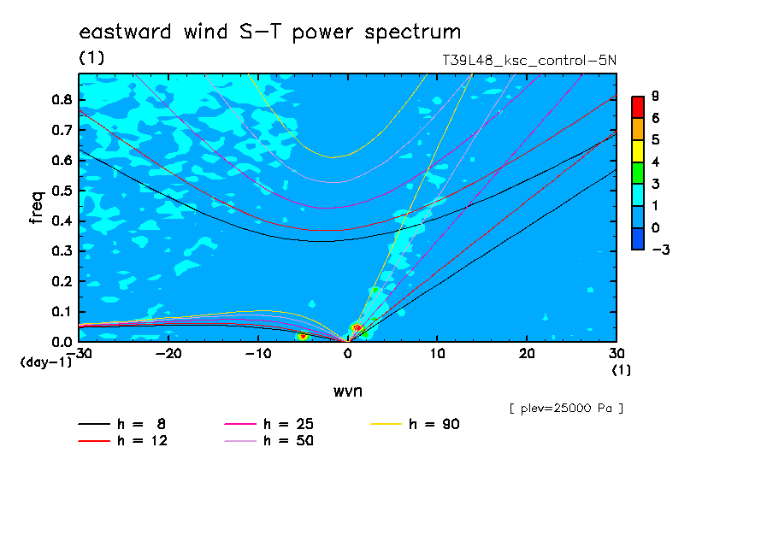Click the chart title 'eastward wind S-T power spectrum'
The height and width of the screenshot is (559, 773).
pyautogui.click(x=269, y=32)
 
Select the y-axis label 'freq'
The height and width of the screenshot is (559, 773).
pyautogui.click(x=37, y=208)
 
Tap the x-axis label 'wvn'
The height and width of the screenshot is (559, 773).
pyautogui.click(x=348, y=391)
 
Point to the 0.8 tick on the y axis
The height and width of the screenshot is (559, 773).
pyautogui.click(x=62, y=99)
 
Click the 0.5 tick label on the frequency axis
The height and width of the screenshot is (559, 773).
pyautogui.click(x=62, y=191)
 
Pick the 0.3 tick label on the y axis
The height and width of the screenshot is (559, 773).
pyautogui.click(x=62, y=251)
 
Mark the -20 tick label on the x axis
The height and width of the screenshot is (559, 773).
pyautogui.click(x=168, y=354)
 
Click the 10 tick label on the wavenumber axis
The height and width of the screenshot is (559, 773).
pyautogui.click(x=437, y=354)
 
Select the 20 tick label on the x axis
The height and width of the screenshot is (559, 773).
pyautogui.click(x=527, y=354)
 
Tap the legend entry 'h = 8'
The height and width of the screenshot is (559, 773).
pyautogui.click(x=121, y=424)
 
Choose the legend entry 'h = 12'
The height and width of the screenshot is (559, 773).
pyautogui.click(x=123, y=440)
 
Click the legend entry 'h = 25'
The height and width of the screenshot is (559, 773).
pyautogui.click(x=269, y=424)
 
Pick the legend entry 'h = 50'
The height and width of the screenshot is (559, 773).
pyautogui.click(x=269, y=440)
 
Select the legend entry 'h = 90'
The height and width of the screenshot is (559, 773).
pyautogui.click(x=415, y=424)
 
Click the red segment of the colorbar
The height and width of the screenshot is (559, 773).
pyautogui.click(x=638, y=108)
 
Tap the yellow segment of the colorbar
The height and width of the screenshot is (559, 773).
pyautogui.click(x=638, y=151)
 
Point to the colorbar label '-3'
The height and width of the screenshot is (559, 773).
pyautogui.click(x=661, y=250)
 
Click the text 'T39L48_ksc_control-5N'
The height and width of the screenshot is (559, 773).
pyautogui.click(x=529, y=60)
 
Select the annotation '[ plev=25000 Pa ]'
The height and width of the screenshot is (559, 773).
pyautogui.click(x=566, y=409)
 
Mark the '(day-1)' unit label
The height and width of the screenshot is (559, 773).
pyautogui.click(x=46, y=362)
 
